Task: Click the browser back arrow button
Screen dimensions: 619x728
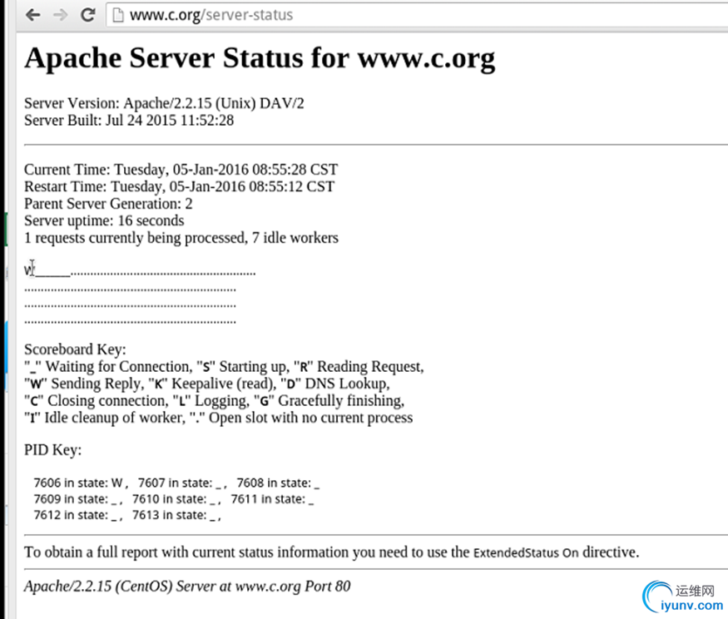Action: pos(32,15)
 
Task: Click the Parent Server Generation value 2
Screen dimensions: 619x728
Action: pos(189,204)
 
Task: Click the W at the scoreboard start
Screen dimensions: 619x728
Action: pos(29,270)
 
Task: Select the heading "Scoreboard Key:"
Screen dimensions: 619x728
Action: pos(75,350)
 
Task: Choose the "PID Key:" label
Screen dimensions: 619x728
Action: pos(53,450)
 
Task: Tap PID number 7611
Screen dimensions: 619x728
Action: pos(245,499)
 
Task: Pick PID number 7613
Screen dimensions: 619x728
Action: pos(146,515)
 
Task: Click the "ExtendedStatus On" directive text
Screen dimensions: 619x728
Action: pos(526,552)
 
